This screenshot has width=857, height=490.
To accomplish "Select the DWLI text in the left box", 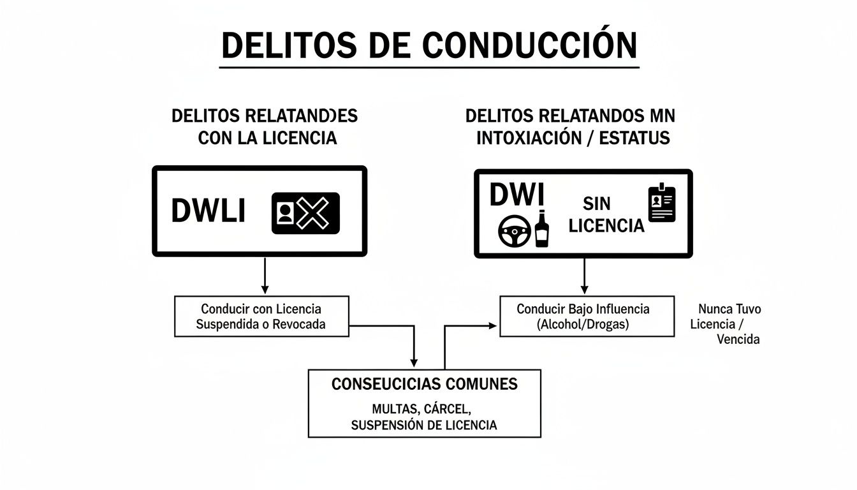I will tap(208, 212).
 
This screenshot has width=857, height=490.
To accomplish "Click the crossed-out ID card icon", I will tap(305, 213).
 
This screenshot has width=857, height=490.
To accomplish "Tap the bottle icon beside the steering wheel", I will tap(541, 229).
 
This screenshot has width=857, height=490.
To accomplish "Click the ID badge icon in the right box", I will tap(661, 204).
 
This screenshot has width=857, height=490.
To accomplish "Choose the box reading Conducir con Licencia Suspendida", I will tap(261, 316).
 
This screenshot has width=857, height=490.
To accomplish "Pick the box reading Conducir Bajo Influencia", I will tap(586, 316).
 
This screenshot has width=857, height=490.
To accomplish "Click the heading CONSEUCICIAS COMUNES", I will tap(424, 384).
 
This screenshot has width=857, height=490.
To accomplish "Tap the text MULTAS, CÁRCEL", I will tap(424, 408).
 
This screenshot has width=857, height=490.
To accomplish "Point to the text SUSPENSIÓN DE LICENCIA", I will tap(424, 425).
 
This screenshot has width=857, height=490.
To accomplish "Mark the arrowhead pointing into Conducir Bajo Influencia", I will tap(493, 325).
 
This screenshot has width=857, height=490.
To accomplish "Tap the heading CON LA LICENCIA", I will tap(267, 137).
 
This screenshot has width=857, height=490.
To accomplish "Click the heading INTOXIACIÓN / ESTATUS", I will tap(573, 137).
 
